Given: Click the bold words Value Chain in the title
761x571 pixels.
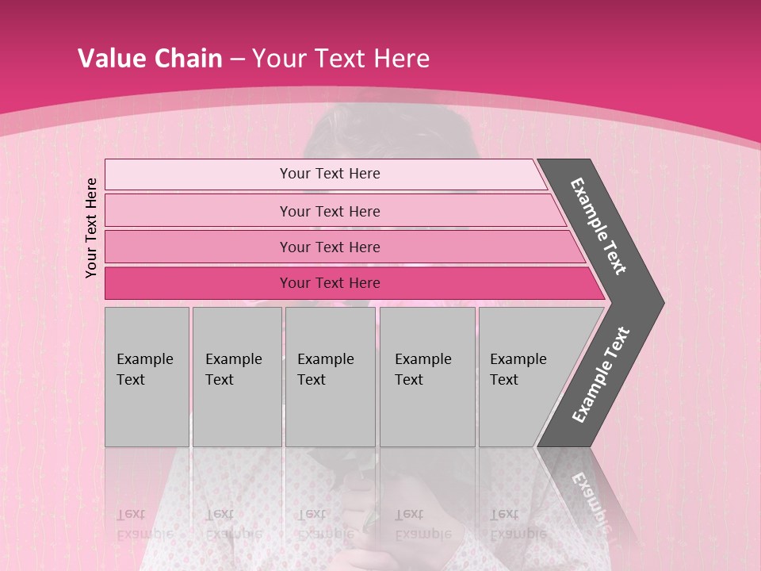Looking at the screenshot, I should [x=150, y=59].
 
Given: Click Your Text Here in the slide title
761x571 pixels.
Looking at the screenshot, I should [x=341, y=59].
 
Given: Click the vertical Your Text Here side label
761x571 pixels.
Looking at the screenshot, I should [x=91, y=228].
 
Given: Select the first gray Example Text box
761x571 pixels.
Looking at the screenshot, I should [x=147, y=377].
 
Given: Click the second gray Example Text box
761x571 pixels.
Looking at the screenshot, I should [x=236, y=377].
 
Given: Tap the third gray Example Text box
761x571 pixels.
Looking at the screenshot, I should [x=330, y=377].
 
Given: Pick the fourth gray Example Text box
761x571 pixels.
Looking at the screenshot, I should [x=427, y=377].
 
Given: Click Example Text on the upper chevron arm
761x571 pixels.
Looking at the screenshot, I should [x=598, y=226].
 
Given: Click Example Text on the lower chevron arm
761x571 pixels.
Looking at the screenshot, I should [x=601, y=375].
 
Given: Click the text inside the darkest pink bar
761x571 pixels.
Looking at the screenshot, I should [x=330, y=283].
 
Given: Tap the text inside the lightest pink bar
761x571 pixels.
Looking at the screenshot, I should [x=330, y=174].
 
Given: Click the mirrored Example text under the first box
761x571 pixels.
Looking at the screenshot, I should [x=144, y=534].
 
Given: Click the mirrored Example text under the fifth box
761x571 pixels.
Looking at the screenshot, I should [x=518, y=534].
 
